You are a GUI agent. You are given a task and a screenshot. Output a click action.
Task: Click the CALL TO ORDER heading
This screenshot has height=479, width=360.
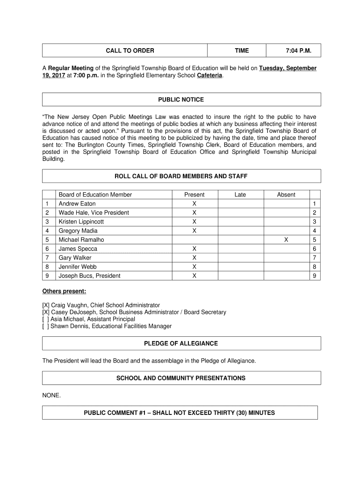[x=130, y=51]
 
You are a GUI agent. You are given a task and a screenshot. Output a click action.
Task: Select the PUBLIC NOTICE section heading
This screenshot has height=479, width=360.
[x=181, y=100]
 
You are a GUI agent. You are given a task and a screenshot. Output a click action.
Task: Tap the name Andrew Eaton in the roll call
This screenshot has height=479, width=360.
[x=77, y=204]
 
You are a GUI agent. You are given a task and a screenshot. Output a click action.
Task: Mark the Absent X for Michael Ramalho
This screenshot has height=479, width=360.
[x=286, y=239]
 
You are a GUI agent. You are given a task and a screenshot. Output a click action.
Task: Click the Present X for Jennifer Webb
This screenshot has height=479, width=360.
[x=194, y=267]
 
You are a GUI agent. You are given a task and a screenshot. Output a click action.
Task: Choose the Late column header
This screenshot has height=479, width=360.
[x=240, y=195]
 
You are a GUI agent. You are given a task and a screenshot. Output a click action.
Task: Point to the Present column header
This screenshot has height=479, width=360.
[x=194, y=195]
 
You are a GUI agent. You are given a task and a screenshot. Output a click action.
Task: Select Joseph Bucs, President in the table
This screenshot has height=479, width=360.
[x=89, y=276]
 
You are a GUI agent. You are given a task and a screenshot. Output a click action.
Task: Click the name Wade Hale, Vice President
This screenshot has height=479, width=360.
[x=94, y=213]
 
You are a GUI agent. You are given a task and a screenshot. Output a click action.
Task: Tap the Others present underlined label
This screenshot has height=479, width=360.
[x=64, y=291]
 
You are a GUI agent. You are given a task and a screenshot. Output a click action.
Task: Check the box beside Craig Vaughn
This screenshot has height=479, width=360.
[x=46, y=305]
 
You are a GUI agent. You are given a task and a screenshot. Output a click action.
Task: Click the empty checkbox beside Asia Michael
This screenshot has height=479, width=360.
[x=46, y=319]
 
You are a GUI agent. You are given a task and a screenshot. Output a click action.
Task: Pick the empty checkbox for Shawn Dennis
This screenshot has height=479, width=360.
[x=46, y=326]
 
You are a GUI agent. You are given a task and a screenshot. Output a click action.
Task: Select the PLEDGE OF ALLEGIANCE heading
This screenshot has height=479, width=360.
[x=181, y=343]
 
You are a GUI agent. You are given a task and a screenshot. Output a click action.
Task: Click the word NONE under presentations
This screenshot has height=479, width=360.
[x=51, y=395]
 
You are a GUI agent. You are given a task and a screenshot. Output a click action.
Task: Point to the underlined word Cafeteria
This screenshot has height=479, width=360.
[x=209, y=76]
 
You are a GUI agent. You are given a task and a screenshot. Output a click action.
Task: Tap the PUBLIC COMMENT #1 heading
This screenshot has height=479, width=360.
[x=179, y=413]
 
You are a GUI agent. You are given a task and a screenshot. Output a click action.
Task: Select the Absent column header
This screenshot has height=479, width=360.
[x=286, y=195]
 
